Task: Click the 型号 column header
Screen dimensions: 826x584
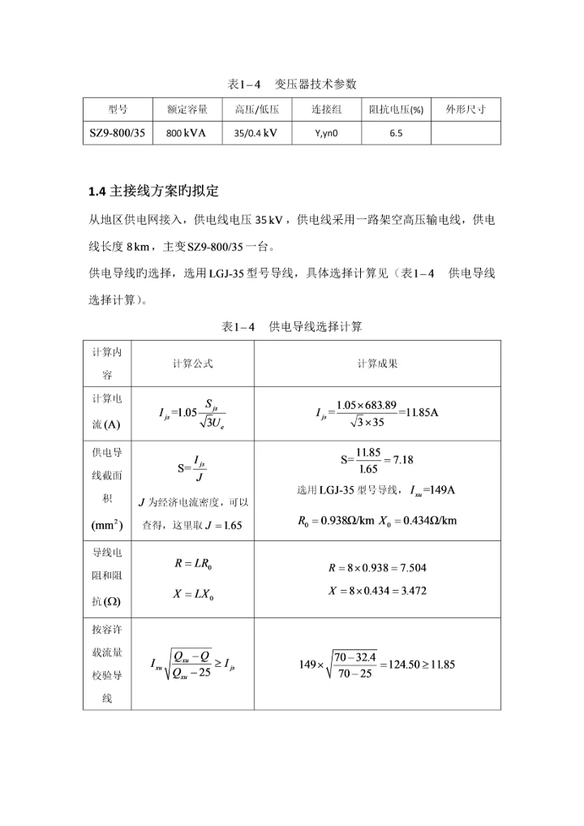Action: pyautogui.click(x=118, y=110)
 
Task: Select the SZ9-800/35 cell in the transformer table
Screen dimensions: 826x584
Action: pyautogui.click(x=118, y=132)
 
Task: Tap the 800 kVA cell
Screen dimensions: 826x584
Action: pyautogui.click(x=187, y=132)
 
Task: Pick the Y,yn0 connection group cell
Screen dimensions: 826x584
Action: pyautogui.click(x=326, y=132)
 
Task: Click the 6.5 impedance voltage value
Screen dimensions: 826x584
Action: pyautogui.click(x=396, y=132)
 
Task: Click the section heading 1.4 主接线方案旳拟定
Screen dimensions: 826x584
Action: pyautogui.click(x=154, y=191)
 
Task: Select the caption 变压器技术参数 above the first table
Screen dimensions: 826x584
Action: pyautogui.click(x=316, y=84)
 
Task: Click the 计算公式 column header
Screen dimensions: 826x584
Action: pyautogui.click(x=192, y=364)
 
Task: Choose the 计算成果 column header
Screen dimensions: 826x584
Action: pyautogui.click(x=377, y=364)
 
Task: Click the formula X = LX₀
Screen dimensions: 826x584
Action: pyautogui.click(x=192, y=593)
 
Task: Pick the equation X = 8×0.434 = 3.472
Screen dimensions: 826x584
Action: pyautogui.click(x=377, y=591)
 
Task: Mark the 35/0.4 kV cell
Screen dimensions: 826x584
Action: pyautogui.click(x=256, y=132)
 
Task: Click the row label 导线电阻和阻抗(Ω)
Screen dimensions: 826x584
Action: pyautogui.click(x=107, y=579)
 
